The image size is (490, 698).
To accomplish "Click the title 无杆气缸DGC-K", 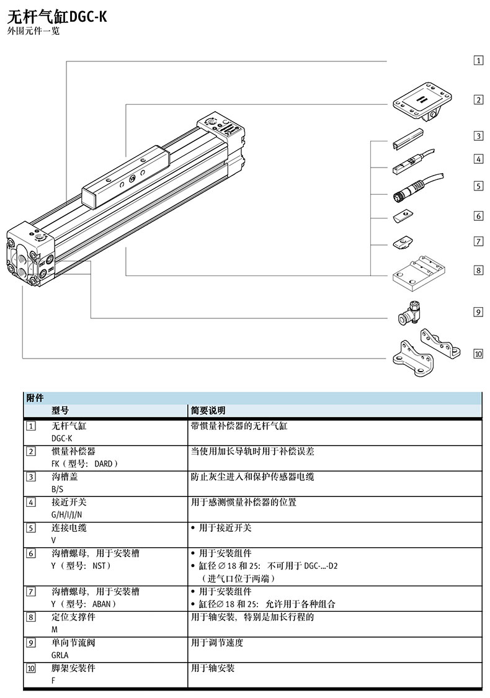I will point(57,17).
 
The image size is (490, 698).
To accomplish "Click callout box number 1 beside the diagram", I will point(478,60).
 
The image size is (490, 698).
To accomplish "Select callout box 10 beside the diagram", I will point(478,354).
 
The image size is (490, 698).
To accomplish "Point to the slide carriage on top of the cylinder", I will point(127,174).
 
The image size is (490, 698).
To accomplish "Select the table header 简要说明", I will point(208,411).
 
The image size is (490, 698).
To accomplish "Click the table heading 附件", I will point(35,398).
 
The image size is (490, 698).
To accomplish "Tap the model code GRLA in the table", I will point(60,655).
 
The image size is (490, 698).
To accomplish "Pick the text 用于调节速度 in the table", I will point(217,643).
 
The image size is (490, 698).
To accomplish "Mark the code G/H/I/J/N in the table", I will point(66,514).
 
